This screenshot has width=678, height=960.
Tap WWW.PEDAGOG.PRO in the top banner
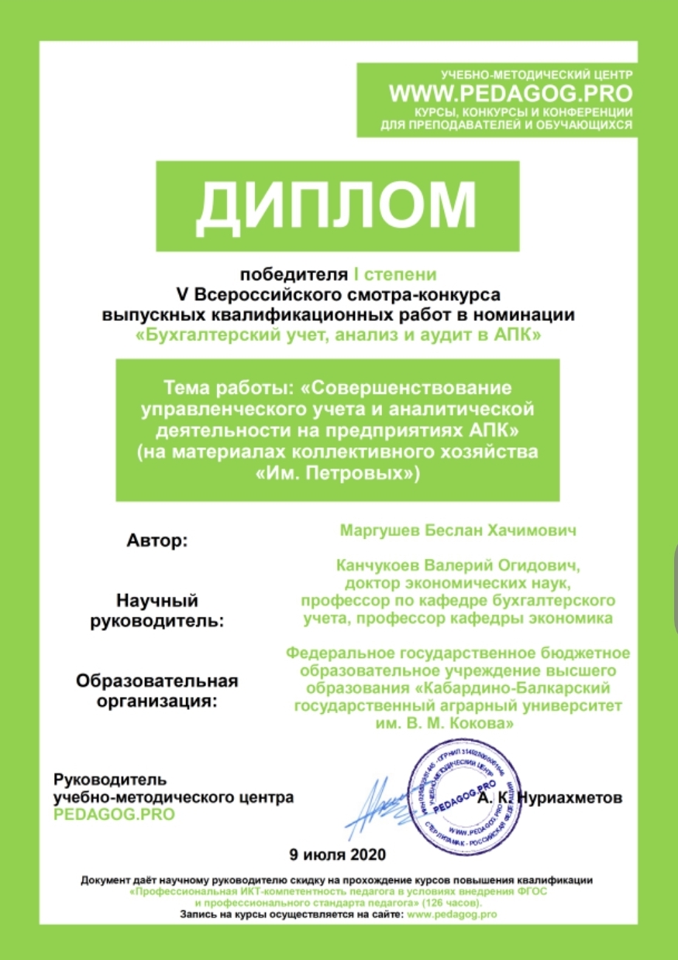click(x=511, y=94)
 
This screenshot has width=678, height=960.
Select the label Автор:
click(x=157, y=540)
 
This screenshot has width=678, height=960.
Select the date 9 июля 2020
click(x=336, y=855)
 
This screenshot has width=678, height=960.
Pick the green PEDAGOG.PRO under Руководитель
click(x=114, y=814)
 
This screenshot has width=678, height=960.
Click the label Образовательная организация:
click(x=157, y=691)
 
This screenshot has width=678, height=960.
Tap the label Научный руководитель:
click(x=157, y=610)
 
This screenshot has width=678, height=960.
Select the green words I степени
click(x=395, y=274)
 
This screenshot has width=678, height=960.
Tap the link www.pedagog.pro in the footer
click(x=451, y=914)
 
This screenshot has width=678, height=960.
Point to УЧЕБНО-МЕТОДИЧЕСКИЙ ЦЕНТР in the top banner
click(x=536, y=75)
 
